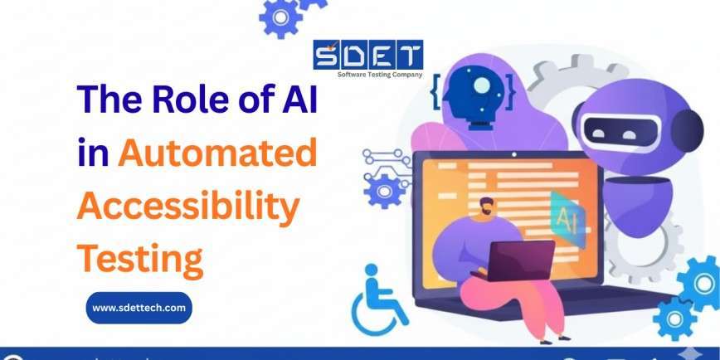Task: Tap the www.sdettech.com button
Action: click(x=139, y=309)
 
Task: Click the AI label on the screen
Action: click(x=568, y=218)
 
